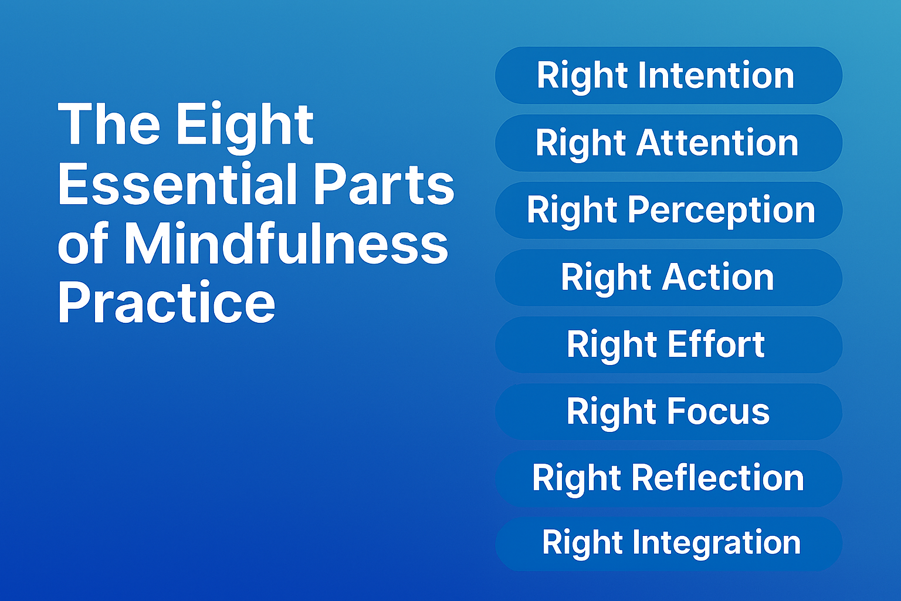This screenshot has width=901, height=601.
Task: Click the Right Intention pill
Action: [x=669, y=76]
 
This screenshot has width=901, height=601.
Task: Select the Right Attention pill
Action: [x=669, y=143]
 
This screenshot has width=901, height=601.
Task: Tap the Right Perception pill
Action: [x=669, y=210]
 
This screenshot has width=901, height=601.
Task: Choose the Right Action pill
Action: [x=669, y=278]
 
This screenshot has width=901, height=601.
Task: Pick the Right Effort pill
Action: [x=669, y=345]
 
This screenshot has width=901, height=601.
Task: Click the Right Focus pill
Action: [x=669, y=411]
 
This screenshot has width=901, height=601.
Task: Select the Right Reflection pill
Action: [x=669, y=478]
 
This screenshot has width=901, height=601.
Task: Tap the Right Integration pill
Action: [x=669, y=543]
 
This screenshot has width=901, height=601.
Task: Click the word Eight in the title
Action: [x=245, y=126]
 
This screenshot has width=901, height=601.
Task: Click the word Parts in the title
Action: [x=384, y=184]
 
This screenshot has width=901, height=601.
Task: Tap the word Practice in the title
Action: [x=167, y=303]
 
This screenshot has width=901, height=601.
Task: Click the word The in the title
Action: [x=109, y=124]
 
